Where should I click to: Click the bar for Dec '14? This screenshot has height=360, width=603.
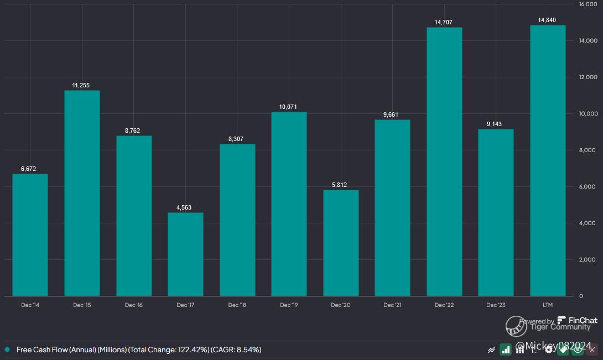[x=30, y=235]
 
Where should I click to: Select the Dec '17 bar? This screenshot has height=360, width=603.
[x=185, y=254]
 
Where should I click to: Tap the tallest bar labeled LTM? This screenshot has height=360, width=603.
[x=548, y=160]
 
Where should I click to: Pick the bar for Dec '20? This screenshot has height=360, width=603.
[x=341, y=243]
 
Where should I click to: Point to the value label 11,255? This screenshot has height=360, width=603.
[x=81, y=85]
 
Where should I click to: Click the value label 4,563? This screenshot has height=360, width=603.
[x=185, y=207]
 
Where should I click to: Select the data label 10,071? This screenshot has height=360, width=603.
[x=289, y=107]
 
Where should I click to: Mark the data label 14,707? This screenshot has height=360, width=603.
[x=444, y=23]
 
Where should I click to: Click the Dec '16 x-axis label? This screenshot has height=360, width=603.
[x=133, y=305]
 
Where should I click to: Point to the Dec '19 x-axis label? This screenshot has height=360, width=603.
[x=289, y=305]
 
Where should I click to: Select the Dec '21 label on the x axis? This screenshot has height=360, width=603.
[x=392, y=305]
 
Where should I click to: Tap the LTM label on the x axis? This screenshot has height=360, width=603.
[x=548, y=305]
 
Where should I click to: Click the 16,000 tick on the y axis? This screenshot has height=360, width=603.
[x=588, y=4]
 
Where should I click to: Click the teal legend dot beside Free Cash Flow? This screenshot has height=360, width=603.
[x=7, y=349]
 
